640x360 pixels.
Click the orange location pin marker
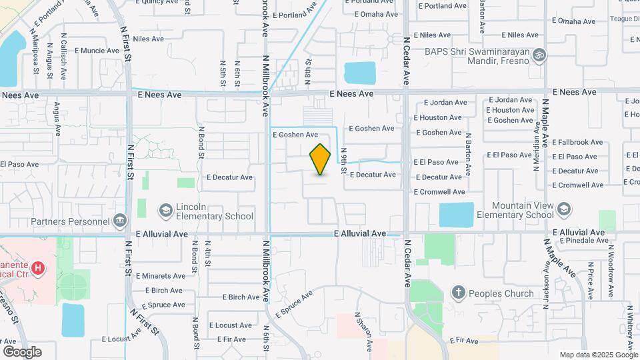[320, 159]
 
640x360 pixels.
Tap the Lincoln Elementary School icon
[165, 211]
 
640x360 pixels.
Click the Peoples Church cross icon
[458, 293]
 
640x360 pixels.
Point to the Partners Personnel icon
[120, 219]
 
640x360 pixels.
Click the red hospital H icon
[39, 268]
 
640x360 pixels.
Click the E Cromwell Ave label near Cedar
[438, 192]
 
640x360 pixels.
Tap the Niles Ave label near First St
[148, 39]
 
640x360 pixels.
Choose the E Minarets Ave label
[161, 275]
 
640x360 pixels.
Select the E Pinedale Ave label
[582, 241]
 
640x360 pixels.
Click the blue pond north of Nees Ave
[359, 73]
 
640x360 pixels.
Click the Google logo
[21, 351]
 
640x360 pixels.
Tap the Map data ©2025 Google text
[598, 355]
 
